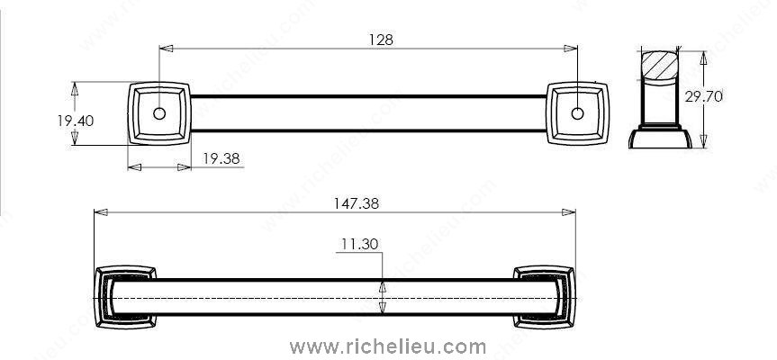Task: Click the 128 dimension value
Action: (x=381, y=40)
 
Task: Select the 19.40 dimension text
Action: (x=76, y=121)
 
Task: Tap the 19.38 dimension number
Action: (x=221, y=158)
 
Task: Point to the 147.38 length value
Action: (x=356, y=203)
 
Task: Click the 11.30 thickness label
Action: (x=359, y=244)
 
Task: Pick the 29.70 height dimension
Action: (x=704, y=96)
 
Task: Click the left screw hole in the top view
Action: (x=159, y=113)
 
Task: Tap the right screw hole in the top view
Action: (x=577, y=113)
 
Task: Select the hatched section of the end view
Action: (x=660, y=66)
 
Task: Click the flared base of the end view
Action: (x=660, y=139)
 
